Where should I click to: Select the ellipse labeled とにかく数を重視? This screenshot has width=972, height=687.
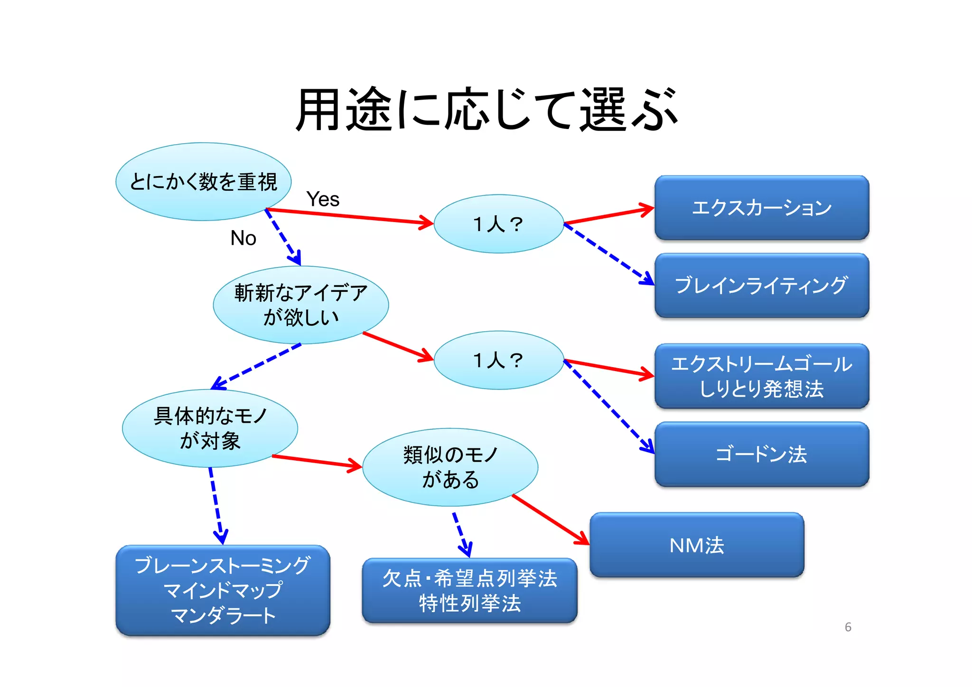coord(203,182)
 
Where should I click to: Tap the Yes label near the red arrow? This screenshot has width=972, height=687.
coord(323,199)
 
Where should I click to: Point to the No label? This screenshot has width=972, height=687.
coord(243,238)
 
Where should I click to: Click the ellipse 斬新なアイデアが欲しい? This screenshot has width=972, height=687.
coord(300,305)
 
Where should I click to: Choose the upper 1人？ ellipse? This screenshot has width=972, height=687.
coord(498,224)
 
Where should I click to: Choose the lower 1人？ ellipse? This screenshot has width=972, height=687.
coord(498,360)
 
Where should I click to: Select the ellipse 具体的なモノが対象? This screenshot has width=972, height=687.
coord(210,428)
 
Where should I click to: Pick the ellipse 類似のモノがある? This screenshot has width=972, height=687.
coord(450,467)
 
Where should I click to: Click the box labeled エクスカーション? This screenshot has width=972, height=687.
coord(761,208)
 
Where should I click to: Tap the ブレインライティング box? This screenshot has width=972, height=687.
coord(761,286)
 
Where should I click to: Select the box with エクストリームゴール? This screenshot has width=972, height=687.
coord(761,364)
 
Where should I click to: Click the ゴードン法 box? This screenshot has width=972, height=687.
coord(761,454)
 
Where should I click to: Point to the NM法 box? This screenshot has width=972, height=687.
coord(696,545)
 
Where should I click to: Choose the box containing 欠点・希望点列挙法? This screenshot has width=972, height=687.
coord(469,578)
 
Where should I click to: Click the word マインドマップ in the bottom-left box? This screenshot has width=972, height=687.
coord(223,591)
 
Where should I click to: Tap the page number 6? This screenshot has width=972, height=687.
coord(848,627)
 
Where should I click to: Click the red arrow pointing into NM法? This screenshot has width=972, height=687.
coord(551,520)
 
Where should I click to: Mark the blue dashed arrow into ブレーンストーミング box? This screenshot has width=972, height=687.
coord(216,505)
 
